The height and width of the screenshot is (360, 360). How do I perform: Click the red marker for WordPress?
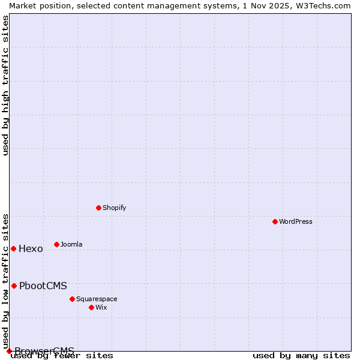[x=275, y=221]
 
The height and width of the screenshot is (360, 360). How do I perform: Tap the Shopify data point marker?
[x=98, y=208]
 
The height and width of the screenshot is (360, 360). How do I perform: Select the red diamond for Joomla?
[x=56, y=244]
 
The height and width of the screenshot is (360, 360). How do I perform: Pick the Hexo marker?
[x=13, y=248]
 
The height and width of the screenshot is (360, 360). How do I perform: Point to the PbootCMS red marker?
[x=14, y=286]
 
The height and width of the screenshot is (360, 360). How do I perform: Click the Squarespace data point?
[x=72, y=299]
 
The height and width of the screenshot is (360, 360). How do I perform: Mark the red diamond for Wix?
[x=91, y=307]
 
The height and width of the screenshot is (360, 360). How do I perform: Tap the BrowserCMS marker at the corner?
[x=9, y=351]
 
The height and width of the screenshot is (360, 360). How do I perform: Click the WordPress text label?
[x=296, y=221]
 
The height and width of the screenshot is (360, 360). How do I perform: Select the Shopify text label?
[x=114, y=208]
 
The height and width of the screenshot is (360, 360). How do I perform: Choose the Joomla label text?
[x=71, y=244]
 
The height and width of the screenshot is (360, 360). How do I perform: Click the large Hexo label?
[x=31, y=249]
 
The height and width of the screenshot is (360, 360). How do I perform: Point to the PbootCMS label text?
[x=43, y=286]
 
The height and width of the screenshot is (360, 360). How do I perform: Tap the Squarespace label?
[x=97, y=299]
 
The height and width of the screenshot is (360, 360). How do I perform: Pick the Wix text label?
[x=101, y=307]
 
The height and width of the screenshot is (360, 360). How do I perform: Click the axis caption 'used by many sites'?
[x=301, y=356]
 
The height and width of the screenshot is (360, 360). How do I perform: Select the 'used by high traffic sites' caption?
[x=6, y=85]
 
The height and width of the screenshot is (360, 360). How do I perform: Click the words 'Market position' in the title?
[x=36, y=5]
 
